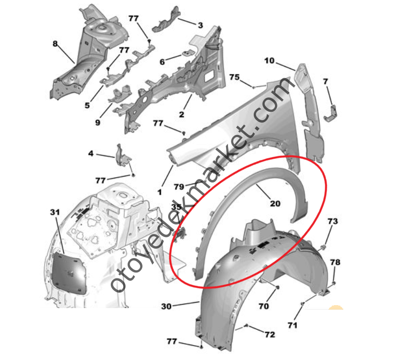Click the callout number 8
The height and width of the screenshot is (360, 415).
click(55, 44)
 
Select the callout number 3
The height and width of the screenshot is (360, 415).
click(200, 25)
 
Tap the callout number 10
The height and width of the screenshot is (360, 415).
click(270, 61)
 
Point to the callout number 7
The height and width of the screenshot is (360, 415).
click(325, 82)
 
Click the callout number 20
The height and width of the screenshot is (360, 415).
click(275, 203)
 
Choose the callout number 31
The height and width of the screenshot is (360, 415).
click(55, 212)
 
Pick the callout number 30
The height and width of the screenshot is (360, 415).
click(167, 306)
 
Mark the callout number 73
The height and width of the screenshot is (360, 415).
click(333, 221)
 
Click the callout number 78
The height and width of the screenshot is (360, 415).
click(335, 262)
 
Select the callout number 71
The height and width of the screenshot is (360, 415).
click(292, 325)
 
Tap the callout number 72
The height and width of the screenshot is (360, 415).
click(270, 335)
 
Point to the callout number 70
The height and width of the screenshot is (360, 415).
click(264, 306)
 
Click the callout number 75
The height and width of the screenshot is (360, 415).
click(234, 77)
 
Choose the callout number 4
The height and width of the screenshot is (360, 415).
click(91, 153)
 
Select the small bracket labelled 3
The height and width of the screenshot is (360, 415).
click(167, 20)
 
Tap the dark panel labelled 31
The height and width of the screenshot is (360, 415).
click(69, 273)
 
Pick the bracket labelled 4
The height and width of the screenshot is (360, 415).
click(123, 157)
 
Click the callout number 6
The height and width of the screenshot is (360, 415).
click(162, 62)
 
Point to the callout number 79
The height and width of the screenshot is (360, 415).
click(179, 187)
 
